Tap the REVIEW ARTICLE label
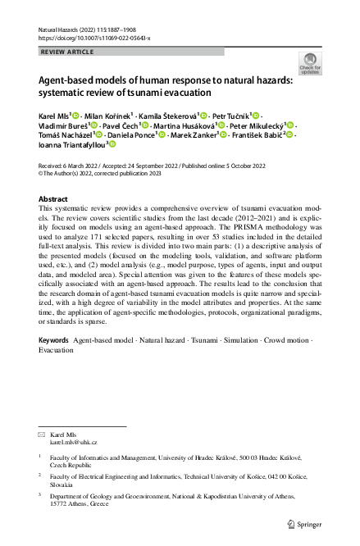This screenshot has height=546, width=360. point(66,52)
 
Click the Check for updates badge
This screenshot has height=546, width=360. point(309,64)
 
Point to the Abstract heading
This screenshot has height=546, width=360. point(54,199)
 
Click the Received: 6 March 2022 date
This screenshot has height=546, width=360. point(73,165)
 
